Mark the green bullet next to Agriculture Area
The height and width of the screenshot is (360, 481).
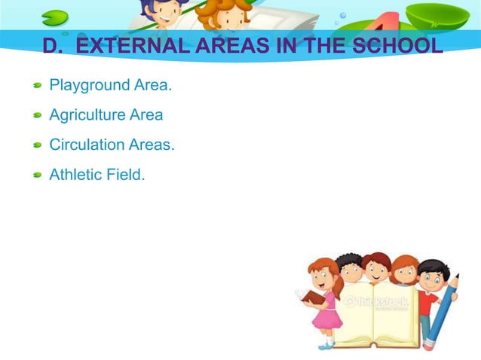[x=37, y=117]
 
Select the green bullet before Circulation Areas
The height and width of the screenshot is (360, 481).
[x=37, y=146]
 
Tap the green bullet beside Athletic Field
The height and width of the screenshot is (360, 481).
[x=37, y=175]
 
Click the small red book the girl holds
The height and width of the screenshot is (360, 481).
[x=313, y=296]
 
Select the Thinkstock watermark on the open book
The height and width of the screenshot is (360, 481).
[x=377, y=304]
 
